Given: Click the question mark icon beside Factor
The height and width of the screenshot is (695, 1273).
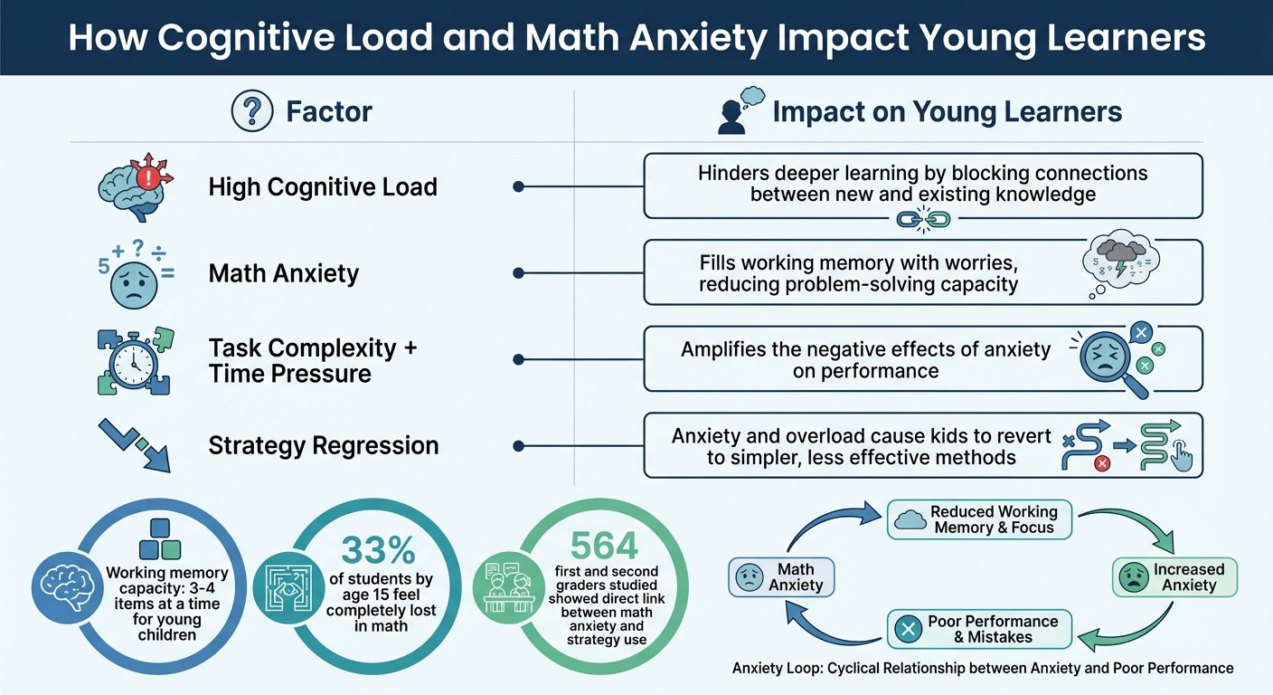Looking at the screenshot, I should tap(252, 112).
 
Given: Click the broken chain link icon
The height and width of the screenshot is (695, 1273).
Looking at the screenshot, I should tap(922, 220).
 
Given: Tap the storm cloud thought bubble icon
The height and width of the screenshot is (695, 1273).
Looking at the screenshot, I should tap(1119, 261).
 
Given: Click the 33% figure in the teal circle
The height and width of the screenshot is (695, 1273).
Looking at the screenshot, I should tap(379, 550).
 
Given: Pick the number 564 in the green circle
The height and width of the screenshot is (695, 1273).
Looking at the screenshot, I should tap(604, 546).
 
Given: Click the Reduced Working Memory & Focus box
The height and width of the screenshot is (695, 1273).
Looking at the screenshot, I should tap(979, 519).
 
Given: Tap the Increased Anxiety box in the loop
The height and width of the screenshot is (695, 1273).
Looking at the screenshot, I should tap(1174, 577).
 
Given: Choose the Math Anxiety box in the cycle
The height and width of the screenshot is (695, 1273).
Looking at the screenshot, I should tap(781, 577).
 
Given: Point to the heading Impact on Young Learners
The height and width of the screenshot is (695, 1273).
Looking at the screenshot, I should tap(947, 112).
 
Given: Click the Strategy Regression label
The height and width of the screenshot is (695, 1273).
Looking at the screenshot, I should tap(323, 445).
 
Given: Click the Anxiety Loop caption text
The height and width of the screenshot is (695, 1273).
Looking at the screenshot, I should tap(983, 668).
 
